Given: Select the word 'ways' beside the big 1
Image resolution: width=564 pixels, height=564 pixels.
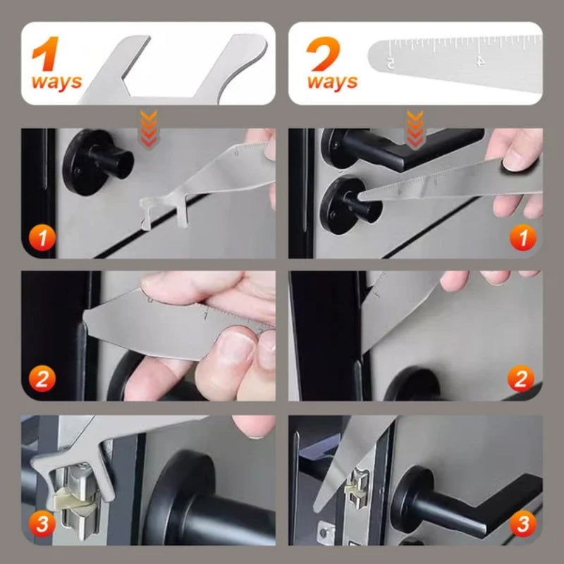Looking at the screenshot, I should [56, 82].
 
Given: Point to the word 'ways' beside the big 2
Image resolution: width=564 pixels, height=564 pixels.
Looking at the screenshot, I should [332, 82].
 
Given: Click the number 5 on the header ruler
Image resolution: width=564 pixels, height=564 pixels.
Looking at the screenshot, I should [391, 63].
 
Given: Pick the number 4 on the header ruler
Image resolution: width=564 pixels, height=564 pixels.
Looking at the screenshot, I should [481, 61].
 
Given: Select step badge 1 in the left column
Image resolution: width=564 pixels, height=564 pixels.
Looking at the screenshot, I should [42, 238].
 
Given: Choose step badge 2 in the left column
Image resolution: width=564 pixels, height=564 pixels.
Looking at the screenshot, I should [42, 379].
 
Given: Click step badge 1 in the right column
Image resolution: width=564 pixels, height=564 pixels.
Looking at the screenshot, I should [522, 238].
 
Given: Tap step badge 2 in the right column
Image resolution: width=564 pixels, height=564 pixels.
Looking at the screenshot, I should [522, 379].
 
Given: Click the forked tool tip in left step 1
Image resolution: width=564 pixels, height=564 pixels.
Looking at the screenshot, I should [156, 212].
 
